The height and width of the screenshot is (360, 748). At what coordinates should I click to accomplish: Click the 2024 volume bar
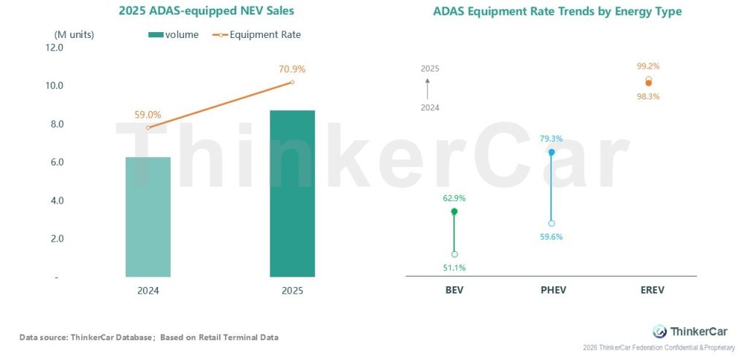148,217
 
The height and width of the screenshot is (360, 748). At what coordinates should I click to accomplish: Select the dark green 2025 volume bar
292,194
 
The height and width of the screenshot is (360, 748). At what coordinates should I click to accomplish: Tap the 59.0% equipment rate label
148,115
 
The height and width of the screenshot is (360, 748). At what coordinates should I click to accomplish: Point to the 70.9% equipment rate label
292,69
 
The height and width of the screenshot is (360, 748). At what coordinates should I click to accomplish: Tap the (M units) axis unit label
74,34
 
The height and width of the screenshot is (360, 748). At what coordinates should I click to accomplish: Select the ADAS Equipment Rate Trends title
557,12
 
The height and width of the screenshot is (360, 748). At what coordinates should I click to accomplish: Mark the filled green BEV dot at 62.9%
454,211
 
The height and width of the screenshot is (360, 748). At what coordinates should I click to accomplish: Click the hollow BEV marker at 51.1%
454,254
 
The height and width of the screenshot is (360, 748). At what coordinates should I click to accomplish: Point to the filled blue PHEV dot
552,152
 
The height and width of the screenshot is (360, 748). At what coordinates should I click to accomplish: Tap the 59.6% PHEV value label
552,237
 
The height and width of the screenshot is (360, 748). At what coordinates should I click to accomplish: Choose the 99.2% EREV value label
648,66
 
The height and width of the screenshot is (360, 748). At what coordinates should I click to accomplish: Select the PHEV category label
552,290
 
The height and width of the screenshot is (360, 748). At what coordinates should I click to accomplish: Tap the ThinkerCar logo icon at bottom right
660,331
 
